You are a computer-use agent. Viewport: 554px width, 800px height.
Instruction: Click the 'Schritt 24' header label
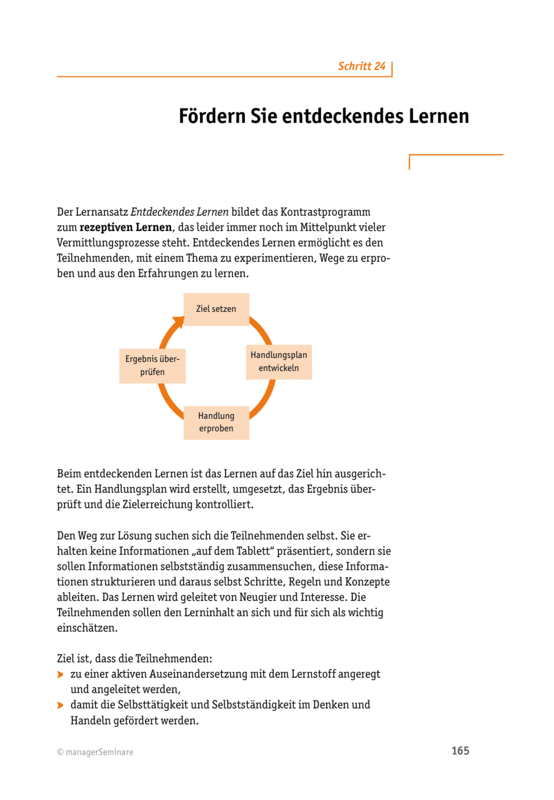(361, 66)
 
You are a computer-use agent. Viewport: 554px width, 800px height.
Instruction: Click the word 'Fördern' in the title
(212, 116)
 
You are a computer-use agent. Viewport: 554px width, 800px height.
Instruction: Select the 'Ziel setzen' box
(216, 309)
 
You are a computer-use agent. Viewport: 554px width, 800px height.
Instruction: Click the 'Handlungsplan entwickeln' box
(279, 362)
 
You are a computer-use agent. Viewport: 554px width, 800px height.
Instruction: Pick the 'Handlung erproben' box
(216, 422)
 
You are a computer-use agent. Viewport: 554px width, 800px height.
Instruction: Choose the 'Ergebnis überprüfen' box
(152, 366)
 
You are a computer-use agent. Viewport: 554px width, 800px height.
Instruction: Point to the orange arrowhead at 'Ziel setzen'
(179, 322)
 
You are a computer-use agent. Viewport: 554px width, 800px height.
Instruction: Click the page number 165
(460, 751)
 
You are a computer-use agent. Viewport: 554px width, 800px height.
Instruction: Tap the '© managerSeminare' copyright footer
(95, 752)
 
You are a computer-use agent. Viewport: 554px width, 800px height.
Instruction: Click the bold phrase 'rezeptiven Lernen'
(125, 228)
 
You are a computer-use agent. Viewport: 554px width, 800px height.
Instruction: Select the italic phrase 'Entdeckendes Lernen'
(180, 212)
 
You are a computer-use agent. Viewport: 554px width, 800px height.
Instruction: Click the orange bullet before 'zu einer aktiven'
(60, 675)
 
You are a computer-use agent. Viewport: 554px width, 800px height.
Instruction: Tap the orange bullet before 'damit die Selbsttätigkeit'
(60, 705)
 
